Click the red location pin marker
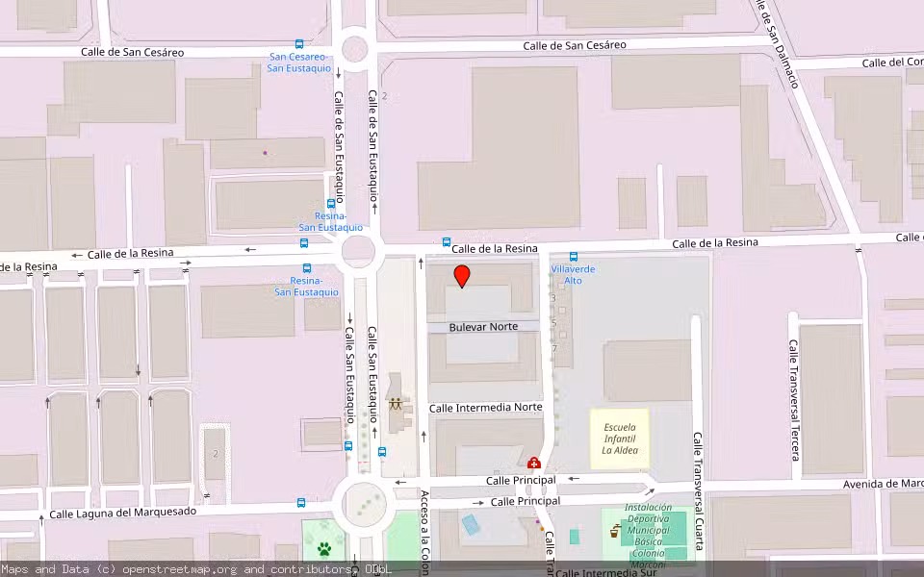tap(462, 276)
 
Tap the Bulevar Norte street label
tap(483, 327)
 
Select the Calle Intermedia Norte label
tap(485, 408)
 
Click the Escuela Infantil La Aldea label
tap(620, 439)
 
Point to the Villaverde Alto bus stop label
tap(573, 274)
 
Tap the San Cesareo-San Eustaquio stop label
tap(297, 63)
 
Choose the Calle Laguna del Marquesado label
tap(122, 513)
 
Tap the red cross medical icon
tap(534, 464)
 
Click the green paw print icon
tap(325, 550)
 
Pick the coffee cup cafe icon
tap(614, 530)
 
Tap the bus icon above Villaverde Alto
tap(574, 257)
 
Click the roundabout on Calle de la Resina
tap(359, 252)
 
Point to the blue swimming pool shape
tap(471, 525)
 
